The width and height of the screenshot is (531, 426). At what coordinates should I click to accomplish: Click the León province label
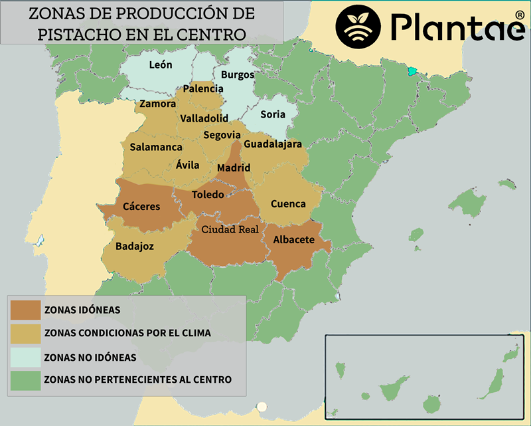point(161,64)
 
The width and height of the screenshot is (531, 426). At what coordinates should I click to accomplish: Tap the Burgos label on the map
point(237,75)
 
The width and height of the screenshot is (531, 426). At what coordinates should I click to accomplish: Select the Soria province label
point(273,114)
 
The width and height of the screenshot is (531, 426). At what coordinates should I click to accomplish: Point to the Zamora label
point(158,104)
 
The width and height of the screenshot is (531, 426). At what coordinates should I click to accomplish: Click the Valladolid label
point(204,118)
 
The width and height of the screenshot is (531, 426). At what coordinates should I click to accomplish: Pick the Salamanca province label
point(156,147)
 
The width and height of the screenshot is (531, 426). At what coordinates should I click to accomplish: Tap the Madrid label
point(234,168)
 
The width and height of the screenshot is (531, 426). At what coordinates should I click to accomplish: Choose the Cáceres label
point(141,206)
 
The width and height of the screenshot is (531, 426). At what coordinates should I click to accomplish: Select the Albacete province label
point(294,240)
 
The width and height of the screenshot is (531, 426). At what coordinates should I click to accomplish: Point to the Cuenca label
point(288,203)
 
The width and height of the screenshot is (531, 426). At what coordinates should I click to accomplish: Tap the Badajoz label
point(135,247)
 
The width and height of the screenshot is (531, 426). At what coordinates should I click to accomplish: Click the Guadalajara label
point(273,144)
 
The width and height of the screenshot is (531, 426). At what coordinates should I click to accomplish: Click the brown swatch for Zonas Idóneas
point(25,309)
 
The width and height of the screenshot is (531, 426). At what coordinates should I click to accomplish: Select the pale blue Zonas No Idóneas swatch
point(25,357)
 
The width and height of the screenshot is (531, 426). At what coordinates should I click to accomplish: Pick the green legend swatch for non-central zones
point(25,380)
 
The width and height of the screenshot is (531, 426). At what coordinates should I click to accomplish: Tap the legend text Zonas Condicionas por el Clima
point(127,333)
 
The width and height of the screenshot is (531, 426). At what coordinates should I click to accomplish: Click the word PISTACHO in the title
point(76,34)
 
